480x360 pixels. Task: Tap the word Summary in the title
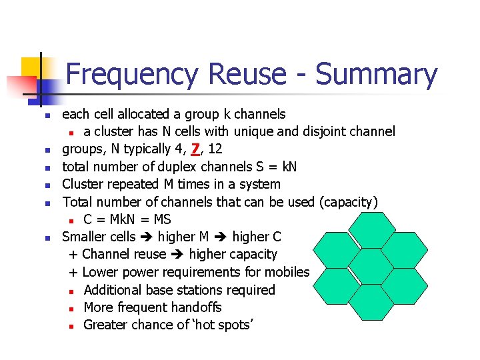click(376, 74)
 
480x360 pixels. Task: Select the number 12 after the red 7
click(215, 149)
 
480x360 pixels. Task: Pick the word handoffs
click(195, 307)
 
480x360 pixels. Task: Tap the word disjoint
click(313, 131)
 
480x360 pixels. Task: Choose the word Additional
click(114, 290)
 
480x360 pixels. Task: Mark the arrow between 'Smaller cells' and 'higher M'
click(146, 237)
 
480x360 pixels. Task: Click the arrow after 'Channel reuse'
click(177, 255)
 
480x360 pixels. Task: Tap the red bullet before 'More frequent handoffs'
click(71, 308)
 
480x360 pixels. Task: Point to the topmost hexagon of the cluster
click(371, 231)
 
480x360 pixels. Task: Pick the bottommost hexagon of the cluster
click(371, 302)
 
